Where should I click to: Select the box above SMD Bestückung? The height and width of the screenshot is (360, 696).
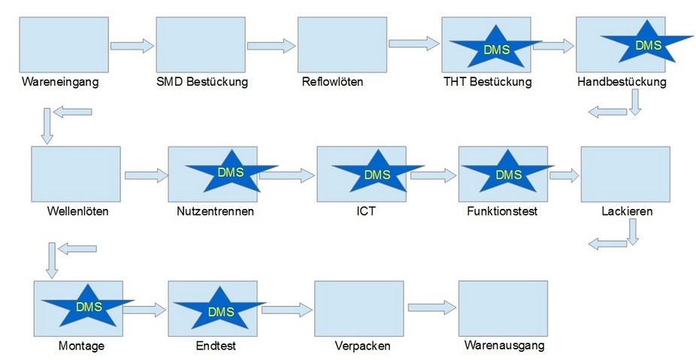click(201, 45)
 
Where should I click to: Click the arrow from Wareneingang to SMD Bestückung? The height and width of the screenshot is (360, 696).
click(132, 46)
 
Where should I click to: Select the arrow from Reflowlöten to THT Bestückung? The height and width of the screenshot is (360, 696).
click(413, 44)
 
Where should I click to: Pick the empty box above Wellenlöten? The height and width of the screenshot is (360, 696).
click(76, 174)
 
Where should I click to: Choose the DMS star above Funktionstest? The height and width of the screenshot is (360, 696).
click(508, 175)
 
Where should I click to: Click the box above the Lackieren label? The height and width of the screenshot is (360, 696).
click(625, 174)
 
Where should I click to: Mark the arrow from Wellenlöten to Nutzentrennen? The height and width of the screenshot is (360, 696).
click(146, 176)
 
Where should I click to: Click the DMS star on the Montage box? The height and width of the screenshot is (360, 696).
click(89, 307)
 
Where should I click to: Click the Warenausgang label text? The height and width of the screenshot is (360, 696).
click(504, 346)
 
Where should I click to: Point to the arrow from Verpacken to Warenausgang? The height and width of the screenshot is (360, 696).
click(432, 307)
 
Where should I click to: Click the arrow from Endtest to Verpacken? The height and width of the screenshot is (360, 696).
click(286, 309)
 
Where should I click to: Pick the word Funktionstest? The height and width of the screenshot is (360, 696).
click(502, 211)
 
